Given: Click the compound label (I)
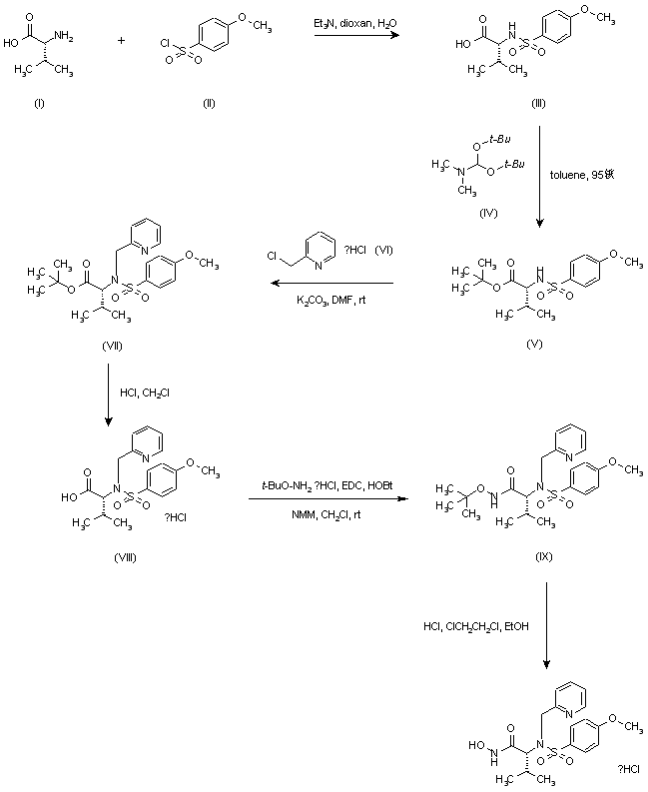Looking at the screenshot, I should click(x=39, y=103).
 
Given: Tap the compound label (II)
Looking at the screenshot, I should click(x=208, y=103).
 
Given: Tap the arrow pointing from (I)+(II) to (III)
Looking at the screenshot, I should click(x=354, y=37).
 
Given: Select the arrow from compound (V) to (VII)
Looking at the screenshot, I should click(x=331, y=284).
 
